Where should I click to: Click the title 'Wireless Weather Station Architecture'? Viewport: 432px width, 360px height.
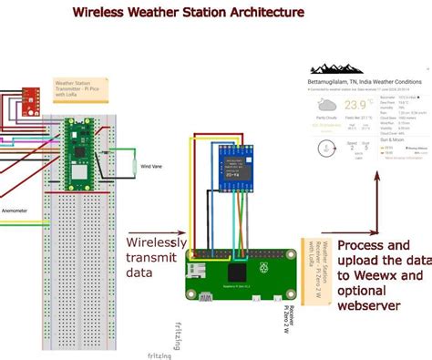[x=189, y=14]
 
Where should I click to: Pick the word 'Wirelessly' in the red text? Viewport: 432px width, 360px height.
[x=158, y=243]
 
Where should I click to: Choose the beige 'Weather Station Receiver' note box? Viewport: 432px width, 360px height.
[x=314, y=264]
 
